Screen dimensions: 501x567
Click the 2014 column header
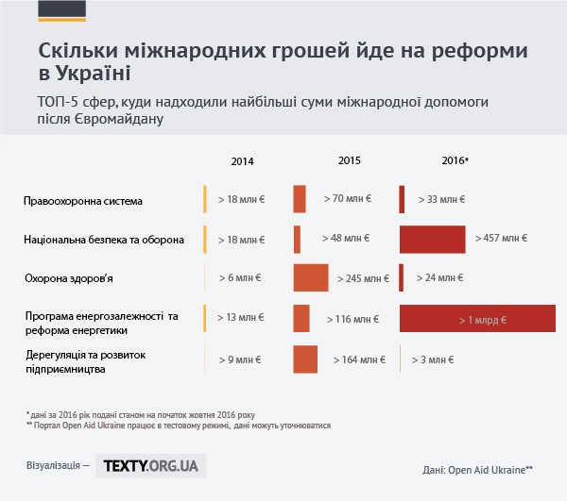[242, 161]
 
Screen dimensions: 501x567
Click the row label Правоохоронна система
[82, 201]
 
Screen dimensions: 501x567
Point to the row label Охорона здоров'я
[75, 278]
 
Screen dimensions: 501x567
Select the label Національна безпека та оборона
[104, 240]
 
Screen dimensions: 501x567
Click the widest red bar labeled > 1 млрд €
[477, 320]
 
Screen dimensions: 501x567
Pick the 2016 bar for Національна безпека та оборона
[433, 240]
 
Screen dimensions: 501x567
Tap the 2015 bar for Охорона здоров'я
[311, 277]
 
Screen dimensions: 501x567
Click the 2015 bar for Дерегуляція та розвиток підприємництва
[305, 359]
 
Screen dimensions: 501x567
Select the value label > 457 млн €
[501, 239]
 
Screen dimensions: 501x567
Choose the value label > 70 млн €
[347, 200]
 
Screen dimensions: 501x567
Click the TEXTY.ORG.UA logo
[150, 465]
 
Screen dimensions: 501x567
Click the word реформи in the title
[485, 50]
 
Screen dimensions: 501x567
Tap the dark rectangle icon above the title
[61, 10]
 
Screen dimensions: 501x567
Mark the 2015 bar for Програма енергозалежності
[301, 319]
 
